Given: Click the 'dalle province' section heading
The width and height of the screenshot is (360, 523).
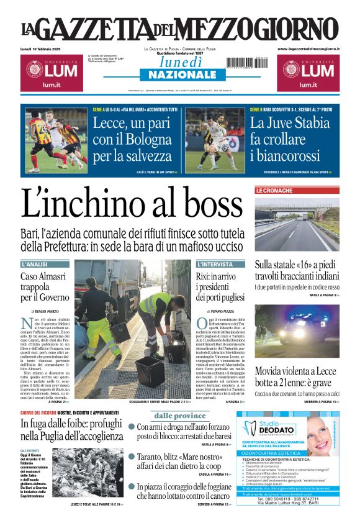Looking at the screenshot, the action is coord(180,416).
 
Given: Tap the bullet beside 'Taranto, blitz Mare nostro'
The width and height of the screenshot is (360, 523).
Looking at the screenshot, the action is coord(132,457).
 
